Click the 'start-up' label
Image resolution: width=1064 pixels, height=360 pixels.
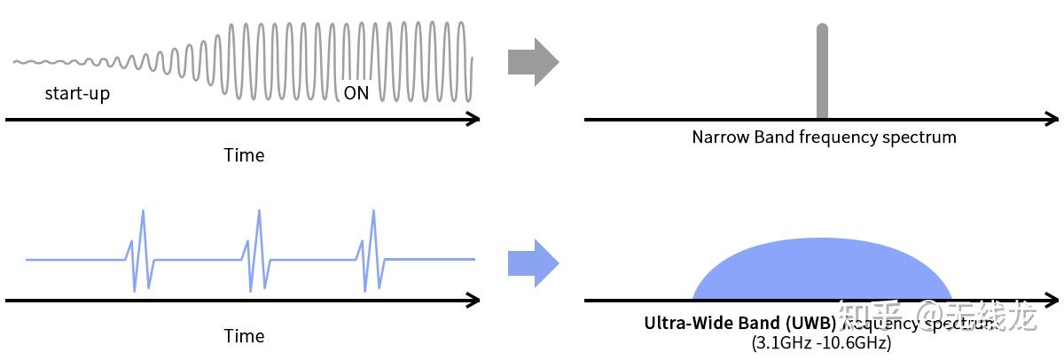[x=77, y=93]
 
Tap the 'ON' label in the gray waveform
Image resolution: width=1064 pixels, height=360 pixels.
[x=356, y=93]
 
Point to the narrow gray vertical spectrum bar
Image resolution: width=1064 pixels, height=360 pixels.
[x=822, y=71]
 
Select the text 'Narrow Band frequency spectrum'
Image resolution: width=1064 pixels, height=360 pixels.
[x=824, y=137]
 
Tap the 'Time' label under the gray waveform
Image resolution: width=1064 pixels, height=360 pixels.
[x=244, y=155]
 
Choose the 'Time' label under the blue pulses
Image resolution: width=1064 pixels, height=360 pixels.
[x=244, y=336]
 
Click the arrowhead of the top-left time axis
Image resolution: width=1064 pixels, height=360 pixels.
[x=473, y=119]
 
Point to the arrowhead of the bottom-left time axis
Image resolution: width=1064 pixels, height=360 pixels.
[x=473, y=301]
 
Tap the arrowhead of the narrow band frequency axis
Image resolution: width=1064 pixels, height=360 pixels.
[x=1052, y=119]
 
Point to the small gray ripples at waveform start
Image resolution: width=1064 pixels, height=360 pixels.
[x=53, y=63]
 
